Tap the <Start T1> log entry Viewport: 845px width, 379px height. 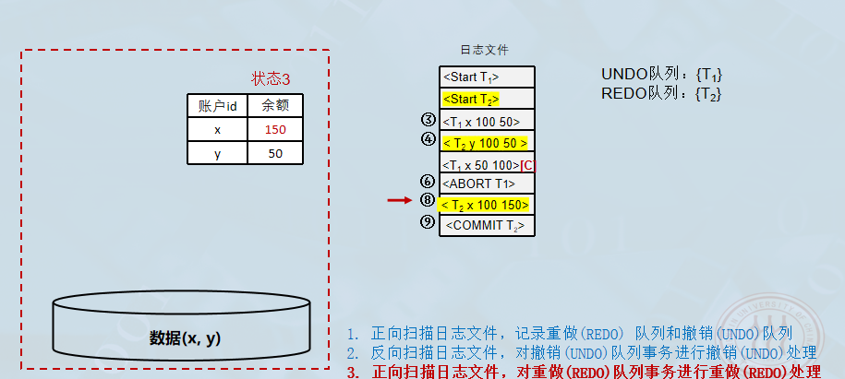(x=486, y=77)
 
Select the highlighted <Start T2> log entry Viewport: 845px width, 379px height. (x=471, y=99)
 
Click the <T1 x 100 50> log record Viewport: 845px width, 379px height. (x=481, y=121)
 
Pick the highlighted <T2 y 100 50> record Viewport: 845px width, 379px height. (x=485, y=143)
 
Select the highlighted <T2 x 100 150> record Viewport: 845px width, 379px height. (x=485, y=205)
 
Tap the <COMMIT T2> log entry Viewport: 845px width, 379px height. (x=486, y=225)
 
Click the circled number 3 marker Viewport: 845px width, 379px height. (x=428, y=120)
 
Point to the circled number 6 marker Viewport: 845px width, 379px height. (x=427, y=182)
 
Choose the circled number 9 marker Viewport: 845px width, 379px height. (x=427, y=221)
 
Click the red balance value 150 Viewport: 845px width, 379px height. (x=275, y=130)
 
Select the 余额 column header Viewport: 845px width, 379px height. (x=275, y=106)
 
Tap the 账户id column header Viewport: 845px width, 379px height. (x=218, y=106)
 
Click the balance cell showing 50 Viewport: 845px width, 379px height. (x=275, y=153)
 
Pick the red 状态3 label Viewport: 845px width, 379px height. (x=277, y=79)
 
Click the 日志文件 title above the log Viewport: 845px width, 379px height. (x=484, y=50)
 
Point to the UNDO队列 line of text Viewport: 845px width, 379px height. (x=661, y=75)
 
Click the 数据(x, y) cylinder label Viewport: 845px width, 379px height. (x=186, y=338)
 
